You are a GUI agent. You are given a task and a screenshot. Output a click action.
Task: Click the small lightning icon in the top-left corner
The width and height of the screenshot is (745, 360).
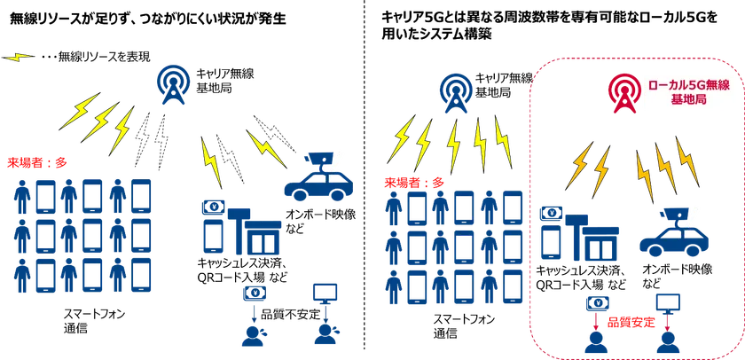coord(18,57)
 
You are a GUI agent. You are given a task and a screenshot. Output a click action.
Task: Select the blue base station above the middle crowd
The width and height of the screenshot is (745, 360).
coord(457,92)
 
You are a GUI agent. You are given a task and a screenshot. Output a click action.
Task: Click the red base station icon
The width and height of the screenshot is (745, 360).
coord(619,91)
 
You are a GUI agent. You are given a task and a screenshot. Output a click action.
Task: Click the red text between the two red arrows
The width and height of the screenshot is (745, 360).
coord(631,318)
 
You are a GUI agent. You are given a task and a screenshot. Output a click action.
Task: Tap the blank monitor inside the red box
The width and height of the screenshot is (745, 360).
coord(666,303)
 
